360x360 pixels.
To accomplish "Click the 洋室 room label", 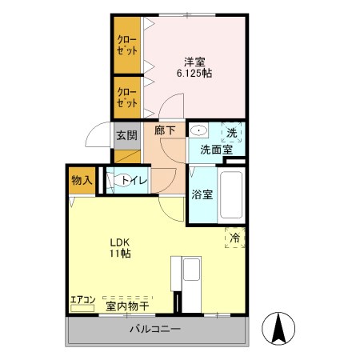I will point(194,60).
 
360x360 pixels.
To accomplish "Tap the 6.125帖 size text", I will point(194,72).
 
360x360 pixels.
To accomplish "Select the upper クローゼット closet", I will point(126,45).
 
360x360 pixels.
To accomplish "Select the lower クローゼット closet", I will point(126,97).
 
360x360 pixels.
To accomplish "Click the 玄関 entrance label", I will point(125,136).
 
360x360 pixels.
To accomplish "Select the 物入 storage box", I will point(82,180).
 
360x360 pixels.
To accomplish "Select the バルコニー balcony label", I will point(154,330).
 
